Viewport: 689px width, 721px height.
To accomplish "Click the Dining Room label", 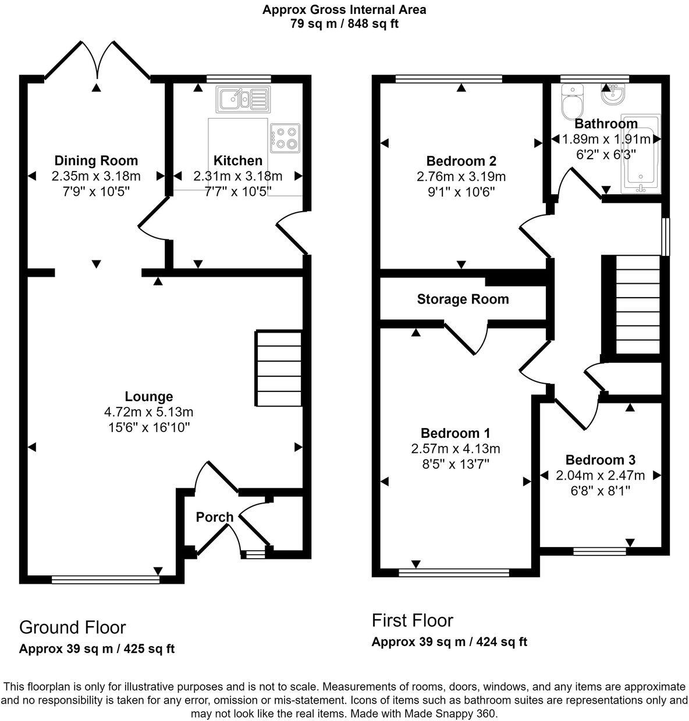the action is coord(96,160).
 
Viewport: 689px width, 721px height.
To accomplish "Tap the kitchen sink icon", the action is coord(242,99).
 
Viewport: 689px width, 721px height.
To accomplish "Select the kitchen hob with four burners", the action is coord(285,138).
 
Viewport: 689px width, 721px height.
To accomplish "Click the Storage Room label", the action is coord(463,299).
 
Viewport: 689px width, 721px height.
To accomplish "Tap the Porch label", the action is coord(214,517).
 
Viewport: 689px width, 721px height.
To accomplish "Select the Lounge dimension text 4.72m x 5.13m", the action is coord(149,412).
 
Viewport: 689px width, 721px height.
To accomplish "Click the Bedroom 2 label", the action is coord(461,161).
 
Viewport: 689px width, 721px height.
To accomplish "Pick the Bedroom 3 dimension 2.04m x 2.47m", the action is coord(601,475).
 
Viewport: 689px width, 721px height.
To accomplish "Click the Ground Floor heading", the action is coord(72,627).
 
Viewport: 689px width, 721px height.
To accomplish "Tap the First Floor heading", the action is coord(412,620).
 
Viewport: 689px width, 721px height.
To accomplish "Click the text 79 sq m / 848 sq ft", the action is coord(344,24).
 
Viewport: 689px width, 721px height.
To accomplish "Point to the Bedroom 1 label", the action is coord(455,433).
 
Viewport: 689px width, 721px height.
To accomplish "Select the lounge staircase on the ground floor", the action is coord(279,369).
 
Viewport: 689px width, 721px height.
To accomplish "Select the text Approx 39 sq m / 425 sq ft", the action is coord(97,649).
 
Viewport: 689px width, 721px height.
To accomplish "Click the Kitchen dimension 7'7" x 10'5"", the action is coord(238,191).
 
